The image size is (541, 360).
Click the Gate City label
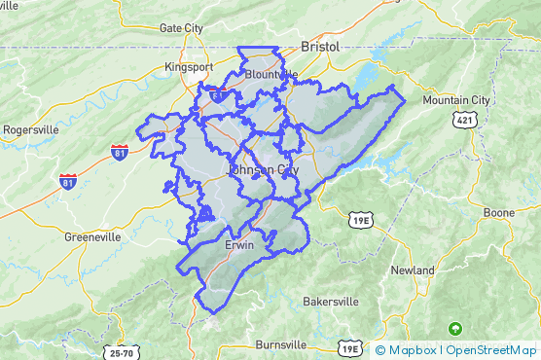pos(181,28)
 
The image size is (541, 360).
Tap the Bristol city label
pos(319,46)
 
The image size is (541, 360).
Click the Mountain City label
pos(456,99)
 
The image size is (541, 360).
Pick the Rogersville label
pos(30,129)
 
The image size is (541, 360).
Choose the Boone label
pos(499,212)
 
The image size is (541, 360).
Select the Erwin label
pos(239,245)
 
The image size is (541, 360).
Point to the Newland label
pos(413,269)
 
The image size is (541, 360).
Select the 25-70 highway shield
pos(123,353)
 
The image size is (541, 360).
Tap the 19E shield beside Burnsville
pos(350,348)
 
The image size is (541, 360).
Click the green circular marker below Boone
pos(453,328)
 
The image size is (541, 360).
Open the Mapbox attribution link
pos(413,350)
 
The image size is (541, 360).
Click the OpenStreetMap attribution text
pos(491,350)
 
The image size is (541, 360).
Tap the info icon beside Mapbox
pos(380,350)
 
